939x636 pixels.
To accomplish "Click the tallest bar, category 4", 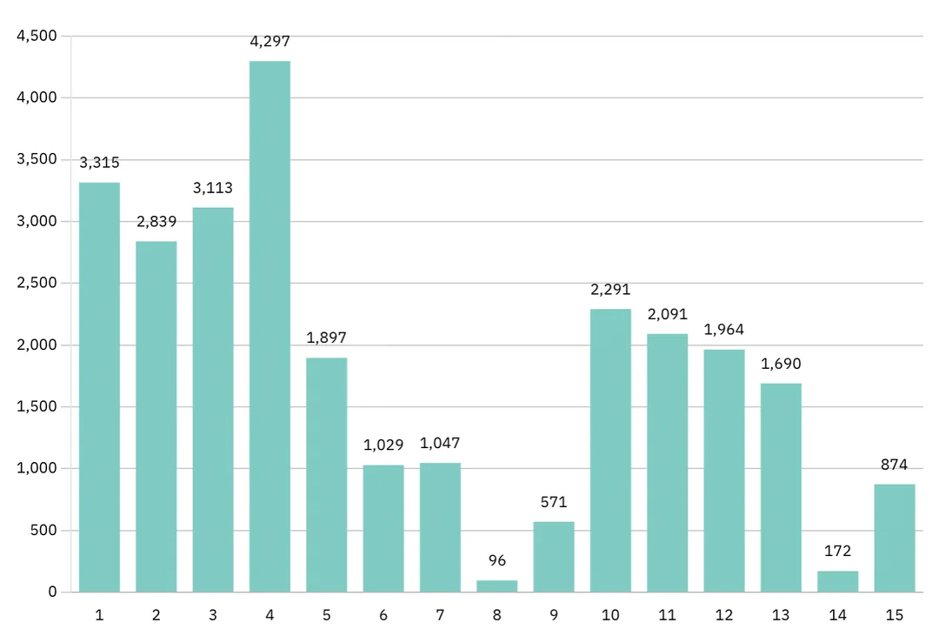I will point(270,326).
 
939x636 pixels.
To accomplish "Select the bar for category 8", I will point(496,586).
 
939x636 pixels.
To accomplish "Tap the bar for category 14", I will point(837,582).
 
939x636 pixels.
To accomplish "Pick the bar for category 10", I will point(610,451).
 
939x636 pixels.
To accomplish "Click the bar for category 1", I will point(99,387).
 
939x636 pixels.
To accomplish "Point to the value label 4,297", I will point(270,41).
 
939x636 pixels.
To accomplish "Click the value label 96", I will point(496,560).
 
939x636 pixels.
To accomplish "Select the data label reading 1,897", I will point(326,338).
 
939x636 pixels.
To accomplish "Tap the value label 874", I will point(894,465).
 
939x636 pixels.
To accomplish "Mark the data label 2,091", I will point(667,314).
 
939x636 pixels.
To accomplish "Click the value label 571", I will point(553,502).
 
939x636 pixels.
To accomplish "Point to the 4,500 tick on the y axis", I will point(37,36).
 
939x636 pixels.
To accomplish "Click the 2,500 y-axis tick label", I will point(37,283).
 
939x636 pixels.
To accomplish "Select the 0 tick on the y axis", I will point(52,592).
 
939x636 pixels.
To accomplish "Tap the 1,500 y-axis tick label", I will point(37,406).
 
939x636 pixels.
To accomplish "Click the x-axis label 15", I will point(894,615).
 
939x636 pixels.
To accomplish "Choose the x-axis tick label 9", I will point(553,615).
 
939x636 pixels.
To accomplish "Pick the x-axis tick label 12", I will point(723,615).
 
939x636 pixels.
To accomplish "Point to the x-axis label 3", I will point(213,615).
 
